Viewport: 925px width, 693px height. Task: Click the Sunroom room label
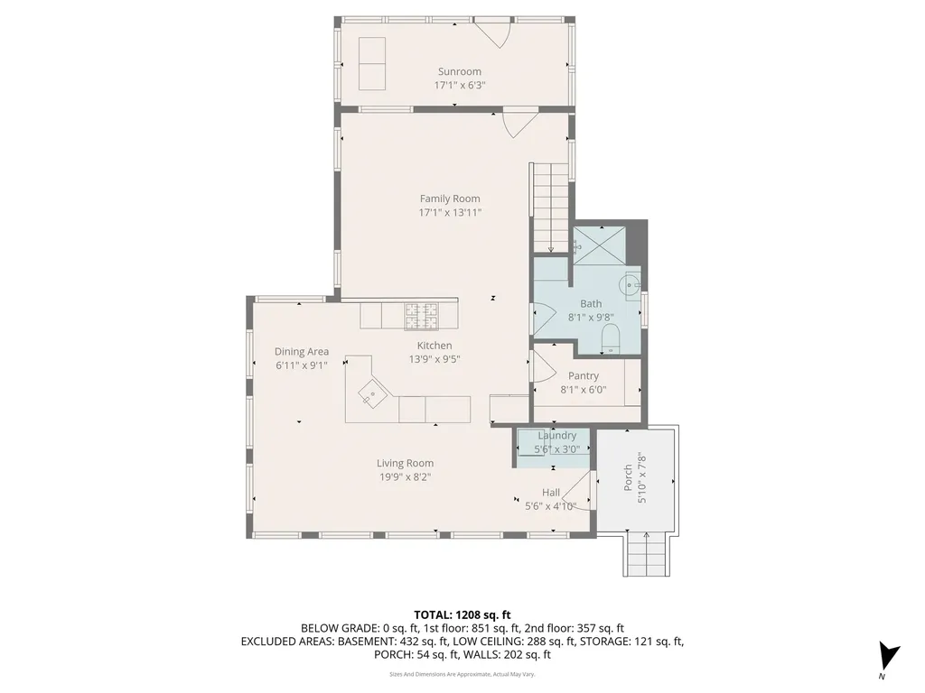(x=460, y=71)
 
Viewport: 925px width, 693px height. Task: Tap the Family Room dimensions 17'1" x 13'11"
(x=450, y=213)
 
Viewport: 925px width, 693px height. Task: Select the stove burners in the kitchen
(x=421, y=316)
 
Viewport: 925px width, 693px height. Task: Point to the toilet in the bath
(x=611, y=339)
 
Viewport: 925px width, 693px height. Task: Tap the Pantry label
(x=584, y=375)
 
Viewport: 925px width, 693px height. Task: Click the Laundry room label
(x=556, y=436)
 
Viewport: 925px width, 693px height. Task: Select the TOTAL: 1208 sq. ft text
(x=462, y=614)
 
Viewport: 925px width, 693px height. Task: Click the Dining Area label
(x=302, y=352)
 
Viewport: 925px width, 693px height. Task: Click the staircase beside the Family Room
(x=549, y=208)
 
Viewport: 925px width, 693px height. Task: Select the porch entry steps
(x=648, y=552)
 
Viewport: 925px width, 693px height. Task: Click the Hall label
(x=551, y=493)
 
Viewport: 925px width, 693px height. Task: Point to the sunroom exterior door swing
(x=493, y=34)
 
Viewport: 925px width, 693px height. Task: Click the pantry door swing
(x=542, y=368)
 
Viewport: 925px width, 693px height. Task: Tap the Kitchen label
(x=434, y=346)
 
